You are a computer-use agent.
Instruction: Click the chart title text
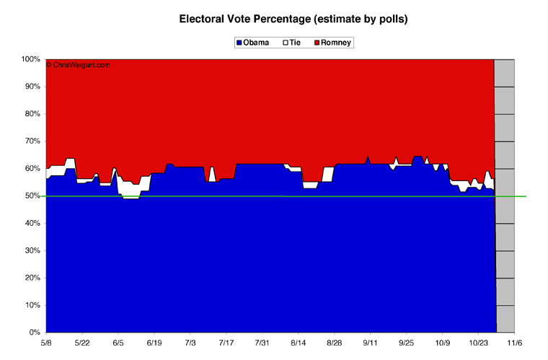293,19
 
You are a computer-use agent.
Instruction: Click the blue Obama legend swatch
239,43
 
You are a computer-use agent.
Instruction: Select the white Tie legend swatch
286,43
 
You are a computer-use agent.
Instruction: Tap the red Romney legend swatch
317,43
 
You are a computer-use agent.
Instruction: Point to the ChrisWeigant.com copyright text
78,65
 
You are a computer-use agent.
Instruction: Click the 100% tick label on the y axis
31,59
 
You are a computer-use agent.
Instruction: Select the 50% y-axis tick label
32,196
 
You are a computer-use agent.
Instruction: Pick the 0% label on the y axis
35,333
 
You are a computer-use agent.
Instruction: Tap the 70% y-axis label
32,141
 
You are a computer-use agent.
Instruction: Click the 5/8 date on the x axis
46,343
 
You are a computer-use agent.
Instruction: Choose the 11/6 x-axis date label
514,343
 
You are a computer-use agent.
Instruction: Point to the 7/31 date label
262,343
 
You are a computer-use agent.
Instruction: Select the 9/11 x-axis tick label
370,343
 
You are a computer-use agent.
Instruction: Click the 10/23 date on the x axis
479,343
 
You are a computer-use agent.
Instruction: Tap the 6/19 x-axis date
154,343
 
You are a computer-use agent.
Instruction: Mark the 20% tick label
32,278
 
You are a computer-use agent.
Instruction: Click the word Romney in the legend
336,43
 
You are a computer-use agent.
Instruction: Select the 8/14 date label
298,343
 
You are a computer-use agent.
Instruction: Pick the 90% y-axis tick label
32,87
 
